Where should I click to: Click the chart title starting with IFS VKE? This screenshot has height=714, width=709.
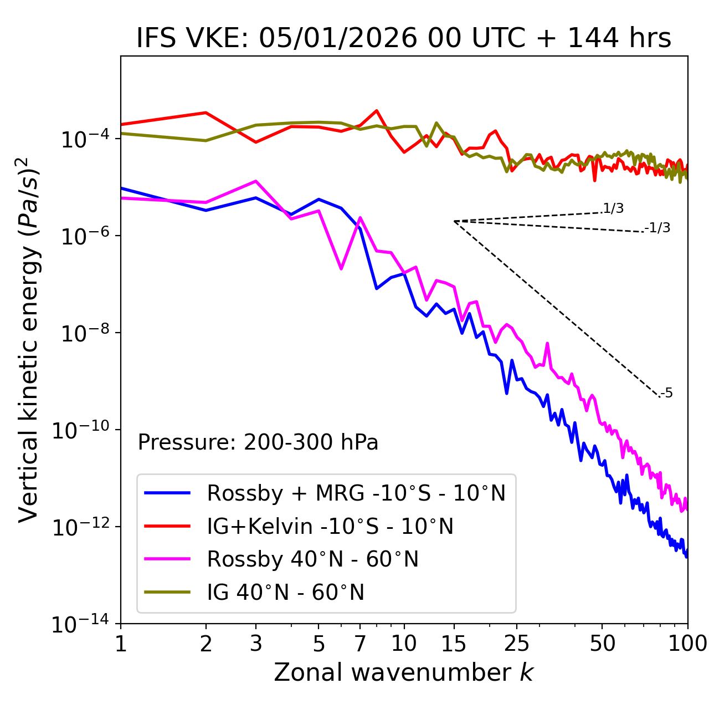pos(404,39)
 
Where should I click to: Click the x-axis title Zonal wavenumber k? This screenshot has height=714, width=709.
pos(404,672)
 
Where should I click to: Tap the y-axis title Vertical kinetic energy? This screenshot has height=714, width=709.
pos(29,339)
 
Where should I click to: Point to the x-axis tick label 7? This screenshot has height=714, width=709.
pos(360,643)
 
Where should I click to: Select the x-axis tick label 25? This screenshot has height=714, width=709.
pos(517,643)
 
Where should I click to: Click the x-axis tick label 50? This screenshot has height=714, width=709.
pos(603,643)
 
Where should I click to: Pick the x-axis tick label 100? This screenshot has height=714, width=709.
pos(687,643)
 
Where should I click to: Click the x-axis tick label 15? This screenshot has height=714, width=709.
pos(454,643)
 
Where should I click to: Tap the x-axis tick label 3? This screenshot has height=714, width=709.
pos(256,643)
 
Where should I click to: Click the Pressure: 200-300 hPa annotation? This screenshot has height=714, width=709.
pos(258,442)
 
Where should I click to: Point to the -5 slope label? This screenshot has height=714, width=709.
pos(666,394)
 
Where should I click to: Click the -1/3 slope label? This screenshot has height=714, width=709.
pos(657,228)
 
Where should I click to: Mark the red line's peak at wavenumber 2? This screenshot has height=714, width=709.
pos(206,113)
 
